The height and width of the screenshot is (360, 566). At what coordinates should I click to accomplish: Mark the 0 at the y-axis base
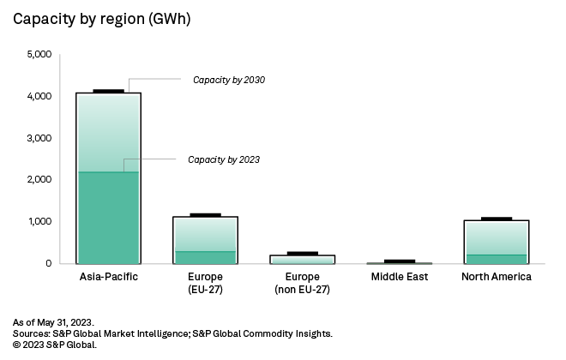(49, 263)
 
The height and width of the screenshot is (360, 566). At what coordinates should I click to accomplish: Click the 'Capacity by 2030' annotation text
(229, 80)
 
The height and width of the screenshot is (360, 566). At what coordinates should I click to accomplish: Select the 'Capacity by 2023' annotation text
(224, 159)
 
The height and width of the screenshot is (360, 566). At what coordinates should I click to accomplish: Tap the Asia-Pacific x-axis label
(108, 277)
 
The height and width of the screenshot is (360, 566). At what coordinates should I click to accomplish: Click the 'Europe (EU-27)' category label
(205, 283)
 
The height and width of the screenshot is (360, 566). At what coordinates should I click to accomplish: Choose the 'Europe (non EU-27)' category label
(302, 283)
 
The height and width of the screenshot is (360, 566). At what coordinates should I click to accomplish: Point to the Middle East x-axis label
(399, 277)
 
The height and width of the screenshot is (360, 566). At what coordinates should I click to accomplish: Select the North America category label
(496, 277)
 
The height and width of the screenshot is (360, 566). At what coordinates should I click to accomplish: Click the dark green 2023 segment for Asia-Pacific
(108, 218)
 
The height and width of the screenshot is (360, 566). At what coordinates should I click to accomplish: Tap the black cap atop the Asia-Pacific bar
(108, 91)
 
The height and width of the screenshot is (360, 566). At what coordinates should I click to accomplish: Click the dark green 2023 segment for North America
(496, 259)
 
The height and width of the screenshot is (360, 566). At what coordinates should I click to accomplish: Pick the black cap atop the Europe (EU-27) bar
(205, 214)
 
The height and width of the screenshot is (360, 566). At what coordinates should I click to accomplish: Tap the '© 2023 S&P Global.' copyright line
(55, 344)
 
